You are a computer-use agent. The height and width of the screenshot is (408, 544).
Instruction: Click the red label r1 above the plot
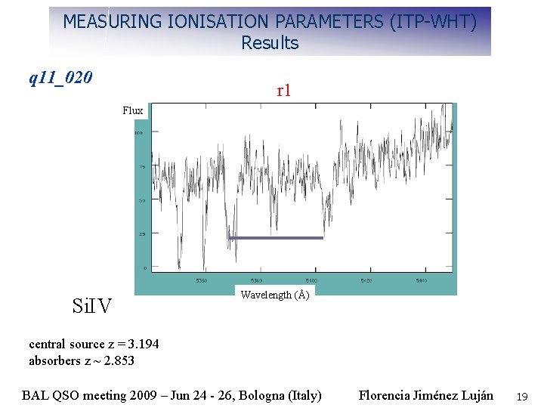pos(283,91)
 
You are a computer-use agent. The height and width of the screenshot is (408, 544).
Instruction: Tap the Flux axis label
pos(133,111)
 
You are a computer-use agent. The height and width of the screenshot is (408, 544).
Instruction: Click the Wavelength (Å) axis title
pos(274,295)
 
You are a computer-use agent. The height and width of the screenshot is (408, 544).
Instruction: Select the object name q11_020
pos(60,77)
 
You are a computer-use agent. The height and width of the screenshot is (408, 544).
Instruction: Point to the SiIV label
pos(91,306)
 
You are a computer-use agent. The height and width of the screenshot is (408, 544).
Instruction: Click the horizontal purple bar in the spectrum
pos(276,238)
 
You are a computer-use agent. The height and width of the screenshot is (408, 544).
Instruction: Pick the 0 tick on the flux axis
pos(145,267)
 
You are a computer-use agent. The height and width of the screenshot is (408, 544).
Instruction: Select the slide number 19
pos(521,396)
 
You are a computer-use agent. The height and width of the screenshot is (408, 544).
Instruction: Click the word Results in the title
pos(270,43)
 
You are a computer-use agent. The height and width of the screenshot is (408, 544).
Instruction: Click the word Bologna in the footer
pos(261,395)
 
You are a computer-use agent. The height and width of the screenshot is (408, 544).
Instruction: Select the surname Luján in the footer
pos(474,395)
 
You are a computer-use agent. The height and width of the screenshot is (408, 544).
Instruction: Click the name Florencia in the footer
pos(384,395)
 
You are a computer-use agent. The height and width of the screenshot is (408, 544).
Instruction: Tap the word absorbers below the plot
pos(54,360)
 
